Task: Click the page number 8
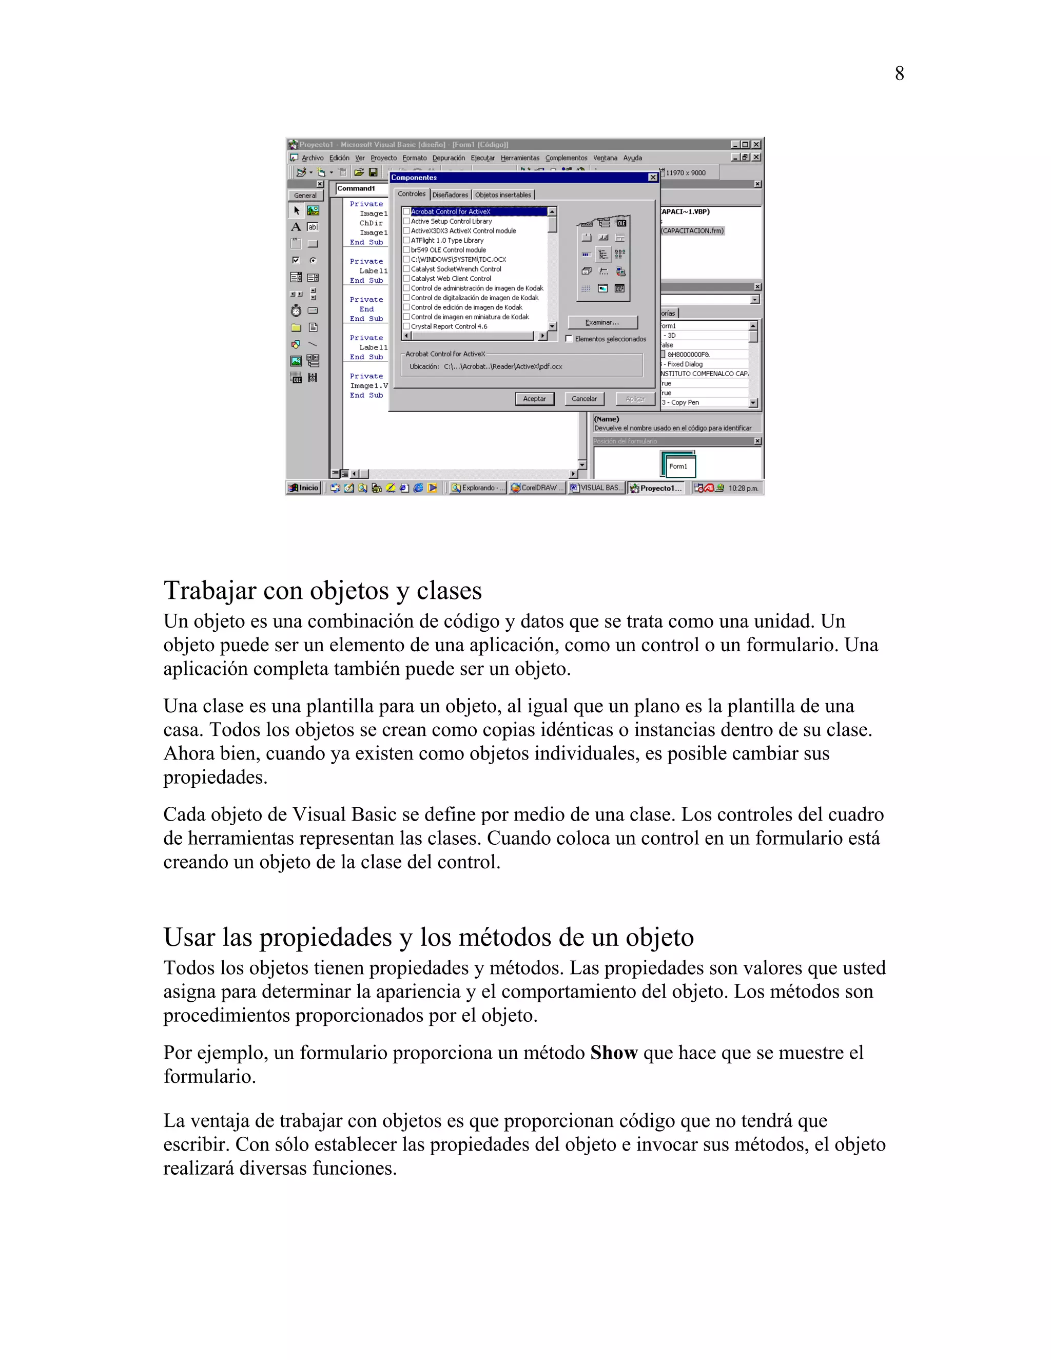(899, 73)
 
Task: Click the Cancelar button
(583, 399)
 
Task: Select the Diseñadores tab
(450, 195)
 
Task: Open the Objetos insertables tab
(502, 195)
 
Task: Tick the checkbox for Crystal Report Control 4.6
(406, 326)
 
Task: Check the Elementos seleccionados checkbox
(569, 339)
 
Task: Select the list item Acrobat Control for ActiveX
(450, 212)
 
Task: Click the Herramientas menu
(519, 158)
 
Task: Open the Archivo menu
(312, 158)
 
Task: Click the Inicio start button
(304, 488)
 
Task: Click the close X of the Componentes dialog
(653, 178)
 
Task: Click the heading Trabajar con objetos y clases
(322, 590)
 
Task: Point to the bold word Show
(613, 1053)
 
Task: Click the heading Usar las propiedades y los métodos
(429, 937)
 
